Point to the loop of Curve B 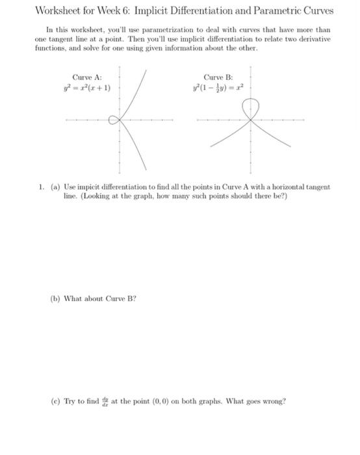click(250, 105)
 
